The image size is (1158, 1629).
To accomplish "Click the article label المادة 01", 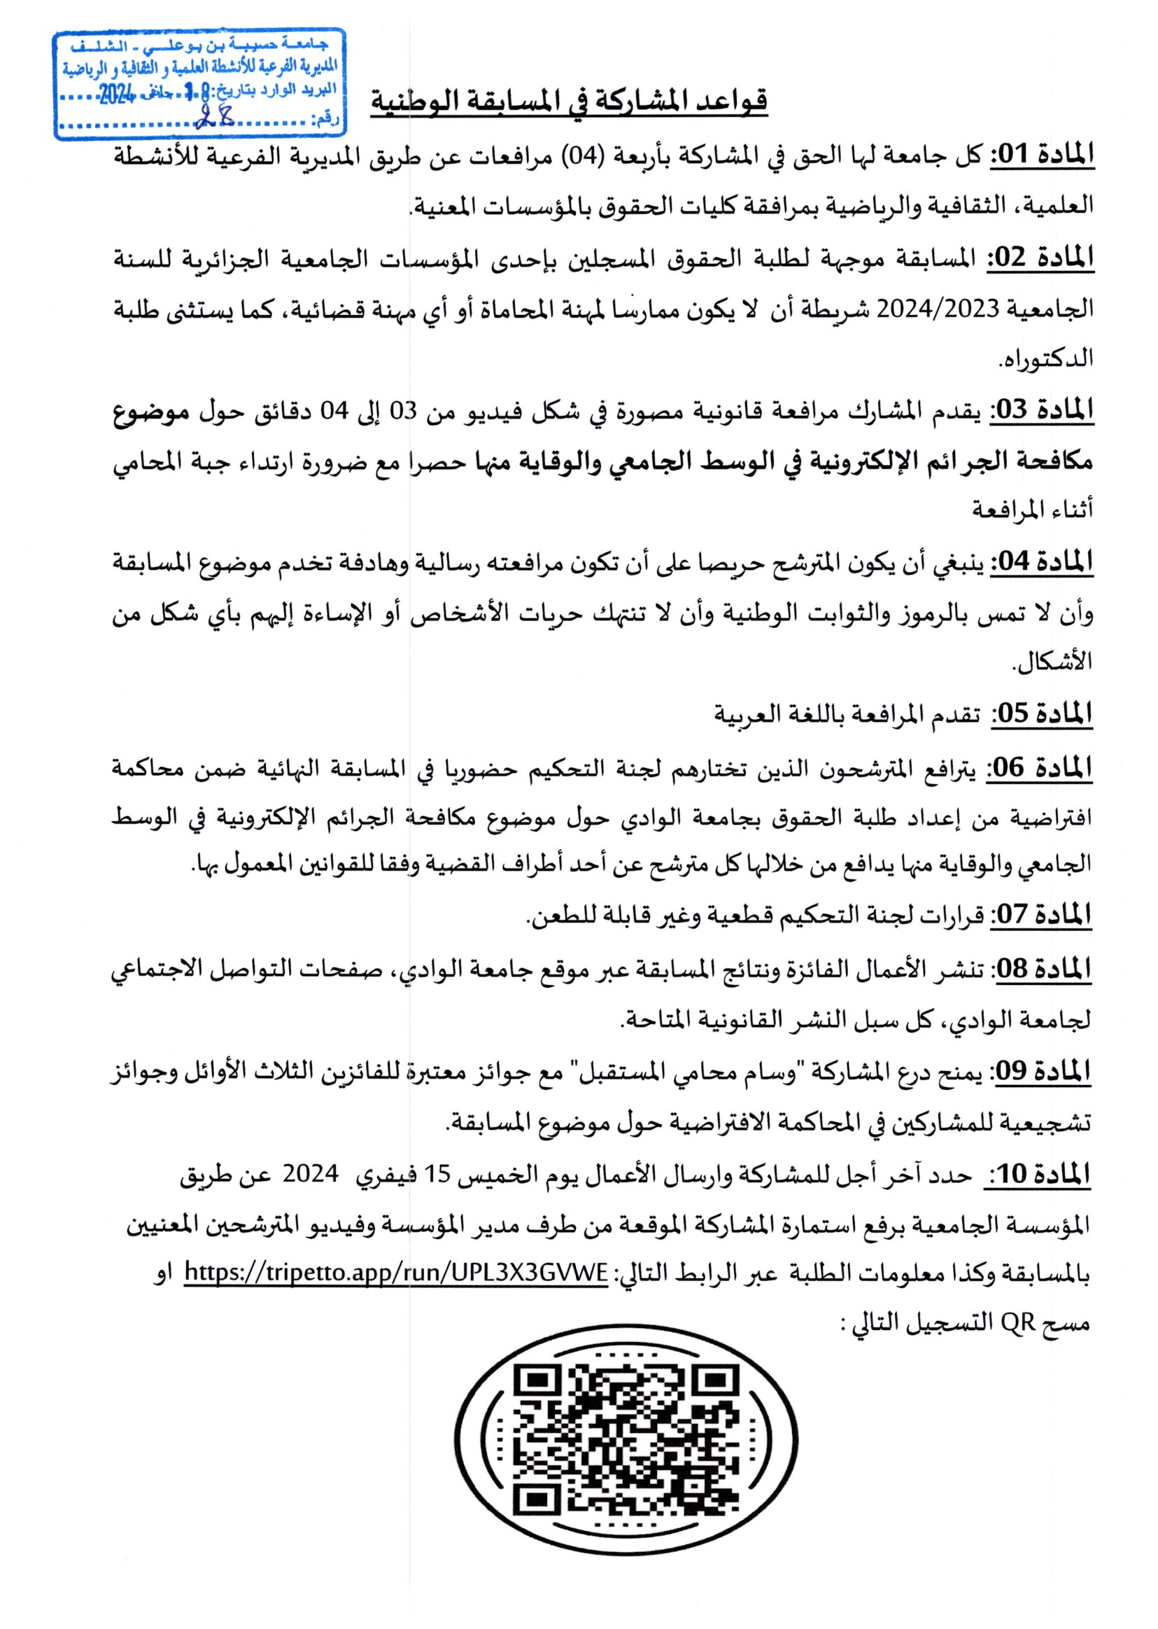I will point(1041,155).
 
